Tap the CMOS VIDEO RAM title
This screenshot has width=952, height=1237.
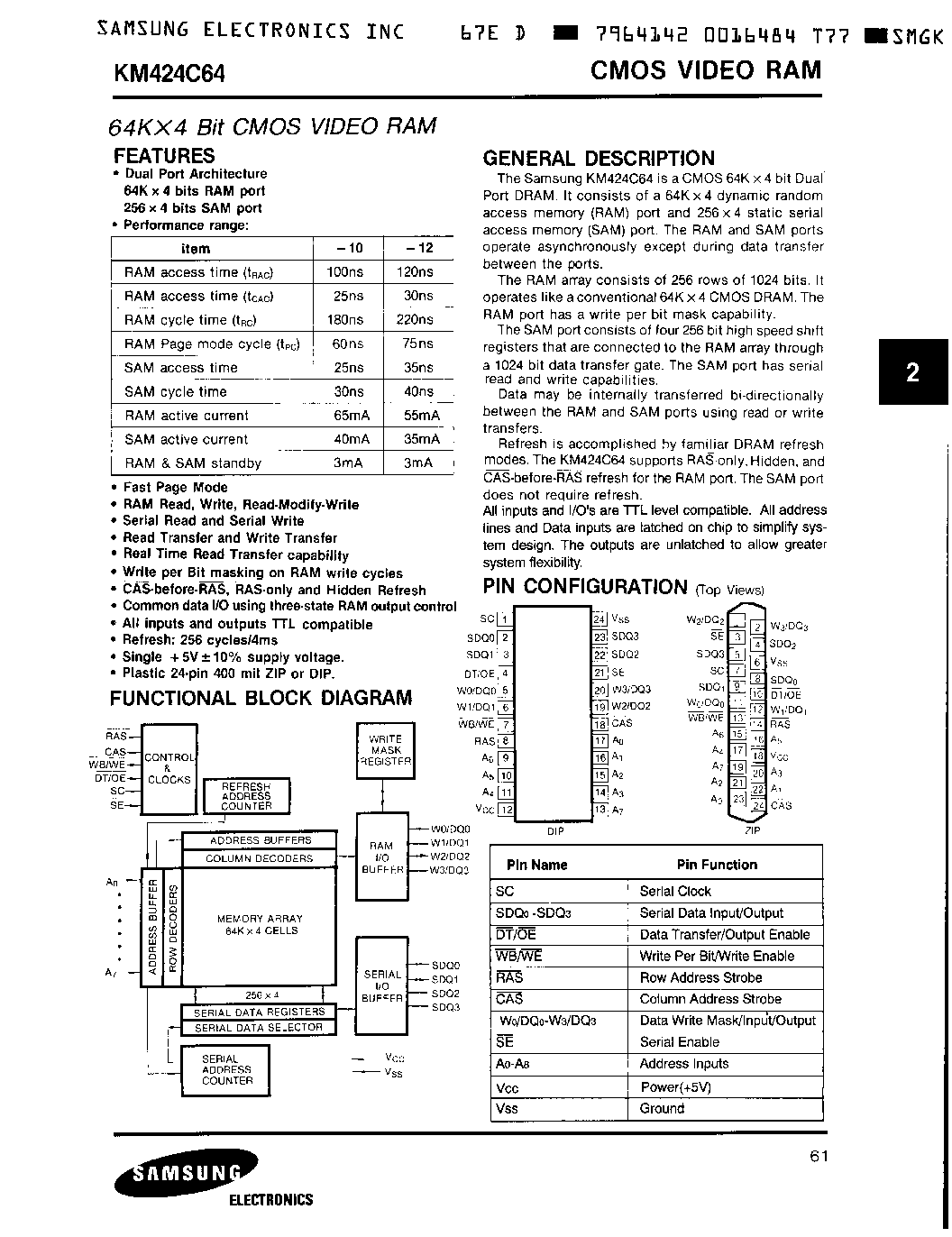pyautogui.click(x=705, y=70)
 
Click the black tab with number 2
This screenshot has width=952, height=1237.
pyautogui.click(x=912, y=372)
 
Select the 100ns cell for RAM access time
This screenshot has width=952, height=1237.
pyautogui.click(x=343, y=272)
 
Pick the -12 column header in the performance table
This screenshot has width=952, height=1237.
pyautogui.click(x=418, y=249)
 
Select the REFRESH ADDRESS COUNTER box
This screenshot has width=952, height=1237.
pyautogui.click(x=246, y=797)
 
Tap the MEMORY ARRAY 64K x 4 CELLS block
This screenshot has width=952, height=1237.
pyautogui.click(x=258, y=925)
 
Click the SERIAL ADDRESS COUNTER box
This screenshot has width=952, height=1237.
pyautogui.click(x=226, y=1070)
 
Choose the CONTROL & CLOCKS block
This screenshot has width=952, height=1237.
pyautogui.click(x=169, y=768)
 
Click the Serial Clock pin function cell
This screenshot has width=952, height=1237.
pyautogui.click(x=675, y=891)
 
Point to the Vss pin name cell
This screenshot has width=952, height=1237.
pyautogui.click(x=508, y=1109)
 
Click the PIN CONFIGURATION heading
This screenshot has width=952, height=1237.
pyautogui.click(x=585, y=587)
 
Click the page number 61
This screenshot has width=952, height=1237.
pyautogui.click(x=818, y=1158)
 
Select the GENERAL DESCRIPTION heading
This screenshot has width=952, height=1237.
pyautogui.click(x=599, y=159)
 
